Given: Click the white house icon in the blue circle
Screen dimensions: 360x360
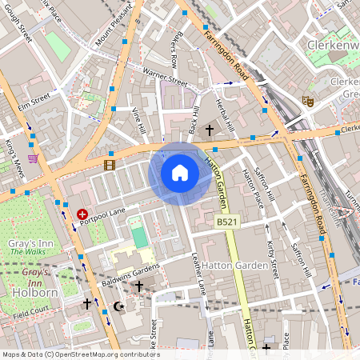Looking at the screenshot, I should pyautogui.click(x=180, y=172).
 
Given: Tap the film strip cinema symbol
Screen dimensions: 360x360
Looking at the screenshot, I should pyautogui.click(x=109, y=165).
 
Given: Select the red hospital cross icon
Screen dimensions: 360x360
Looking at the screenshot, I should pyautogui.click(x=82, y=214).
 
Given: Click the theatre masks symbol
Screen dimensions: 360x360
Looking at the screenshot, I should pyautogui.click(x=306, y=102).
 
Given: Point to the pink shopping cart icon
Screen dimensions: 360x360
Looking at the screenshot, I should pyautogui.click(x=33, y=158).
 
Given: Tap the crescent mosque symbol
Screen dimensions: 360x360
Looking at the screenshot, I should pyautogui.click(x=121, y=306).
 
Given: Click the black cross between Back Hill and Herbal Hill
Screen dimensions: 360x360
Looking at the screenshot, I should pyautogui.click(x=210, y=129).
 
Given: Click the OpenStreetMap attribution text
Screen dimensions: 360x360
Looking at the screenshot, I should pyautogui.click(x=80, y=354).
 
